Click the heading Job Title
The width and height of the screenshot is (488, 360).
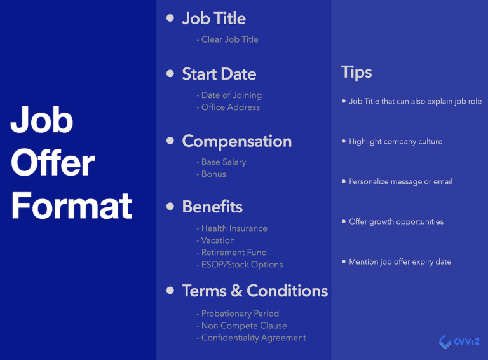tap(213, 18)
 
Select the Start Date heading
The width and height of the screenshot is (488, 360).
tap(219, 74)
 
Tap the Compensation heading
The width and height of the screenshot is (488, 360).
tap(236, 141)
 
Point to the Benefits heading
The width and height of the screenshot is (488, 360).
tap(212, 207)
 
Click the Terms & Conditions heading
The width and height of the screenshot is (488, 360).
tap(255, 291)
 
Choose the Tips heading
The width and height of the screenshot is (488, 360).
tap(356, 72)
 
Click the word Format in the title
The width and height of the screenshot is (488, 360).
tap(71, 205)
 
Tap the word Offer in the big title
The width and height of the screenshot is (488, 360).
tap(53, 163)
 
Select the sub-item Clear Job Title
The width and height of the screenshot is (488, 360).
tap(229, 39)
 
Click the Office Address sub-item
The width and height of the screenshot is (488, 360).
tap(230, 107)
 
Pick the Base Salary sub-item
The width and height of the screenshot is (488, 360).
tap(223, 162)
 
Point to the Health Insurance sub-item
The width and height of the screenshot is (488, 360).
tap(234, 228)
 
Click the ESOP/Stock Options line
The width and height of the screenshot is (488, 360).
tap(241, 265)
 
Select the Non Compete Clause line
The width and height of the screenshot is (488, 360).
tap(243, 326)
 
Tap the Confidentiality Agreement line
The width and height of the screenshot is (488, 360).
tap(253, 338)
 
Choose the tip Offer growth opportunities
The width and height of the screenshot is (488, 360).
tap(396, 222)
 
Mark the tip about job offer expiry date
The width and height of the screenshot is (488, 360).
tap(400, 262)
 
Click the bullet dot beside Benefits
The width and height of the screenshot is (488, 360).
tap(170, 206)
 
